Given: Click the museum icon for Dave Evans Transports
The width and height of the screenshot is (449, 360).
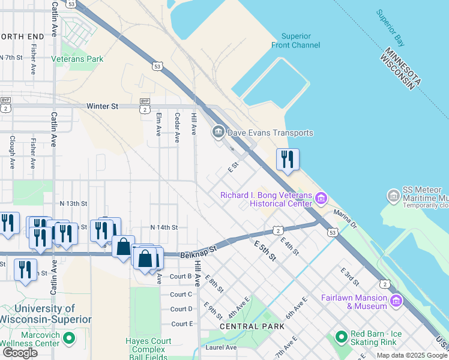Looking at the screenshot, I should click(217, 131).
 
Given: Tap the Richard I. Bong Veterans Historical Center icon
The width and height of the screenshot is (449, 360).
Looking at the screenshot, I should click(322, 197).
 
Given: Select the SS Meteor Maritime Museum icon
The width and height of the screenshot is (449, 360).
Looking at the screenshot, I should click(394, 196).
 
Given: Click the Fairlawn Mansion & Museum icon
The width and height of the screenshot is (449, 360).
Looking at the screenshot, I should click(396, 301).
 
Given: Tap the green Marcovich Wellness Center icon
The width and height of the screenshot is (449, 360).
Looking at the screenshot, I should click(69, 338).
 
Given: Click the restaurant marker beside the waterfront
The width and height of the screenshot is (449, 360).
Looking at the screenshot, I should click(287, 160).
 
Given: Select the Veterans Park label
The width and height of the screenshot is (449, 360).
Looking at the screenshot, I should click(77, 59).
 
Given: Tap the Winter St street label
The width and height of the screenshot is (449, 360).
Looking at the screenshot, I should click(103, 106).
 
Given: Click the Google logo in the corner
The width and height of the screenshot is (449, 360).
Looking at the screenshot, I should click(19, 352).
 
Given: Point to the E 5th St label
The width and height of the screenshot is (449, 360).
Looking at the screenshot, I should click(264, 251).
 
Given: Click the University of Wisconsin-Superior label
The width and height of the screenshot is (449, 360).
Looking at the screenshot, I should click(45, 314).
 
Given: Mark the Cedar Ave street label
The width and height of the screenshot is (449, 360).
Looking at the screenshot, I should click(177, 127).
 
